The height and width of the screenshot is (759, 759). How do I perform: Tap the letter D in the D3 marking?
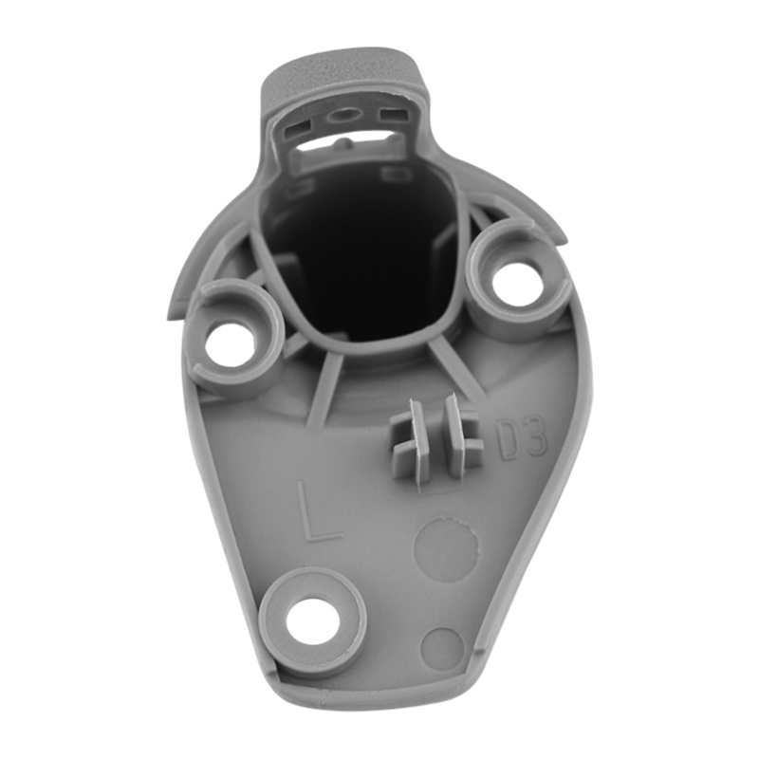coord(509,441)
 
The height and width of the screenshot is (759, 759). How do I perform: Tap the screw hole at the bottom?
coord(311,619)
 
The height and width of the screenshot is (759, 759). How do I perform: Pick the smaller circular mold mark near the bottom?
coord(443,650)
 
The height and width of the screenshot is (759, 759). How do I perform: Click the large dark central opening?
coord(364,262)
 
